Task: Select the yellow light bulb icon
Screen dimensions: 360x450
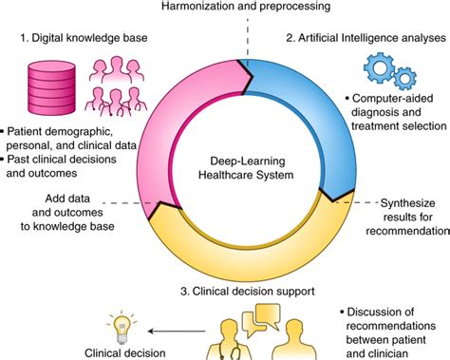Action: pyautogui.click(x=121, y=327)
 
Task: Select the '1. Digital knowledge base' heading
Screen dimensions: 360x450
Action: pyautogui.click(x=87, y=41)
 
